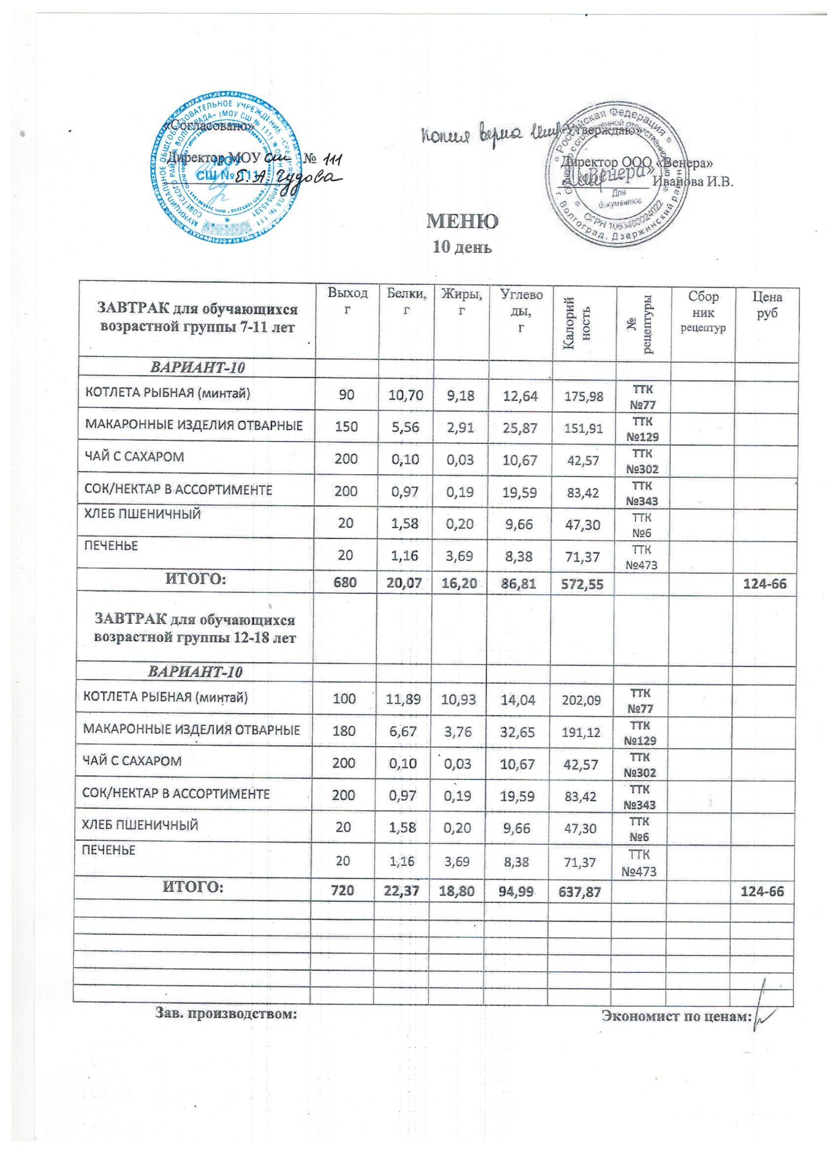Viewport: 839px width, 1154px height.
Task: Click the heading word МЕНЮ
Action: point(462,222)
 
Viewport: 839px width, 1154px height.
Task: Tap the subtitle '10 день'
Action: point(462,248)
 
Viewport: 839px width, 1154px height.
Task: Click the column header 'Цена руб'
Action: point(768,306)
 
